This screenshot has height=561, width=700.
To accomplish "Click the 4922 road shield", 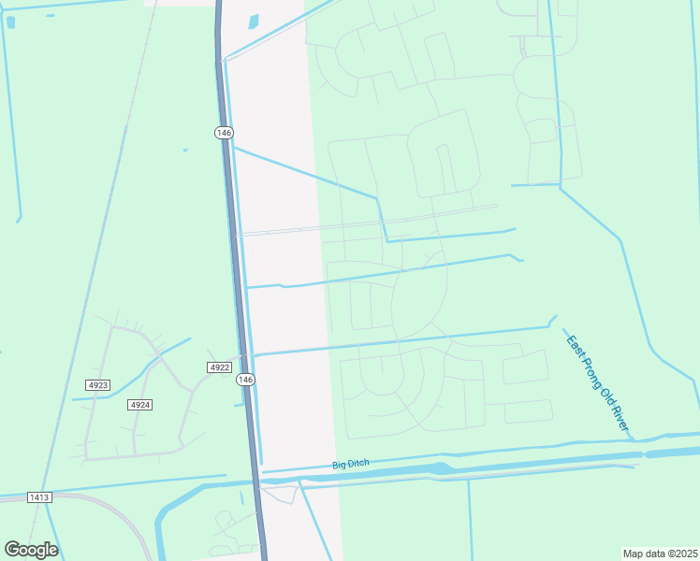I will pyautogui.click(x=219, y=367).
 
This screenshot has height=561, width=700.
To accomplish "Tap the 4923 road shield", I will pyautogui.click(x=97, y=385).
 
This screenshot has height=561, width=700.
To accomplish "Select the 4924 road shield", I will pyautogui.click(x=140, y=404).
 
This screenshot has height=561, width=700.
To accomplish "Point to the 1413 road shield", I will pyautogui.click(x=39, y=496).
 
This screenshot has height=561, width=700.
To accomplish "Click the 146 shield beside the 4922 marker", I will pyautogui.click(x=245, y=379).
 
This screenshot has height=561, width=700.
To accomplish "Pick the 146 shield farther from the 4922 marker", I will pyautogui.click(x=223, y=133).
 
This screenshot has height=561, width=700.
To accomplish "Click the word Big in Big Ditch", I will pyautogui.click(x=339, y=465).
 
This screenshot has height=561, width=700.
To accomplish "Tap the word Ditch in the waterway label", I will pyautogui.click(x=359, y=462).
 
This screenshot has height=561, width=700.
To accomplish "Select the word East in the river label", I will pyautogui.click(x=573, y=343).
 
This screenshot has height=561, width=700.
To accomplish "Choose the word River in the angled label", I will pyautogui.click(x=620, y=418).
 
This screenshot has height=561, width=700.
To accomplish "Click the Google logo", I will pyautogui.click(x=31, y=550).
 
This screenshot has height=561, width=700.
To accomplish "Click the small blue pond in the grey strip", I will pyautogui.click(x=254, y=22).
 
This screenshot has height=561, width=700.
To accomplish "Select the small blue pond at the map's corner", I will pyautogui.click(x=10, y=22).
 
